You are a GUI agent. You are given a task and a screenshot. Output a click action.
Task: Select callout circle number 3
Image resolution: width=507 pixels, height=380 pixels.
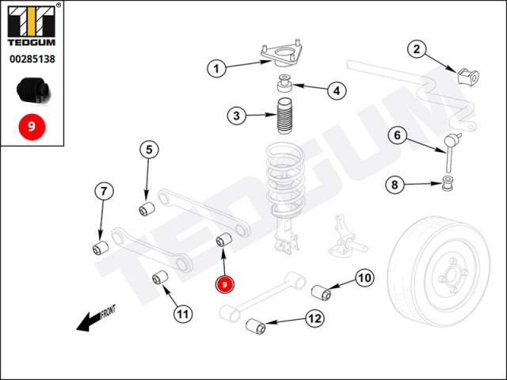(236, 116)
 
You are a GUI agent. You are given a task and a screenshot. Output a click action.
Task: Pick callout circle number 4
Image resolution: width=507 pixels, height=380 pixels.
(336, 91)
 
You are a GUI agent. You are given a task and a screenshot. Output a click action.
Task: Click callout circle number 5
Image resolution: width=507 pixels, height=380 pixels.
(150, 148)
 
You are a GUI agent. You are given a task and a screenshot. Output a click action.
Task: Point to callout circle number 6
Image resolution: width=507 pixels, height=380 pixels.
(398, 135)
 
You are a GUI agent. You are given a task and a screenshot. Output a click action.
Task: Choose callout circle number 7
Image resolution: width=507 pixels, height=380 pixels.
(104, 191)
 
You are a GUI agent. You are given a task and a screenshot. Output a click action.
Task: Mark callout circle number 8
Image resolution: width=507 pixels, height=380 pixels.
(394, 185)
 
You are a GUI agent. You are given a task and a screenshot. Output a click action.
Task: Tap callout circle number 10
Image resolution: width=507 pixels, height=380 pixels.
(363, 278)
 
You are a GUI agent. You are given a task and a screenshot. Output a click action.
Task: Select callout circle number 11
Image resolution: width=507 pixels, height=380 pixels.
(183, 314)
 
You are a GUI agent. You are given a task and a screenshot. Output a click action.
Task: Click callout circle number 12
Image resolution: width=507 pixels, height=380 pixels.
(314, 318)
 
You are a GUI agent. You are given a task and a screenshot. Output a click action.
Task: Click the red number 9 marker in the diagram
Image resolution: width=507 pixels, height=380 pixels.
(226, 283)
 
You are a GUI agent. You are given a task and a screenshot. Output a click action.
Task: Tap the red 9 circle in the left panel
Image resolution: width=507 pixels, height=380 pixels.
(32, 125)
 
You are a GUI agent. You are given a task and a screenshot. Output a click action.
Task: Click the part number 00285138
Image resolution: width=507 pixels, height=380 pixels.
(32, 59)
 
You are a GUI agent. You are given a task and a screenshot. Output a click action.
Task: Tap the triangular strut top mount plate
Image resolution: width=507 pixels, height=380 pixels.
(281, 55)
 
